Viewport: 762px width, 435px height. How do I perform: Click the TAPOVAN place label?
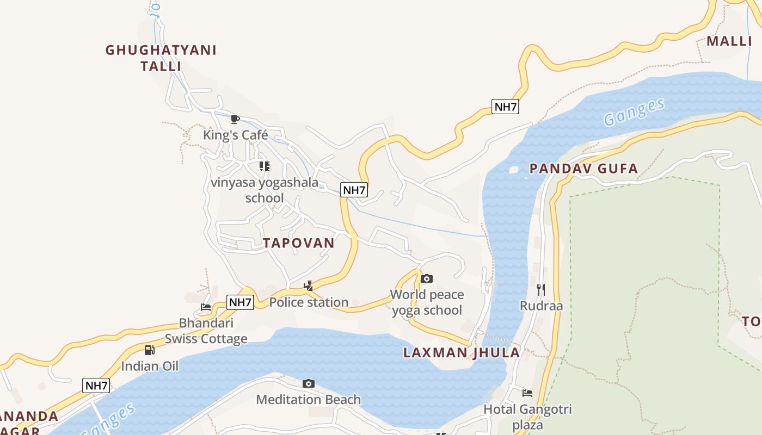click(x=299, y=243)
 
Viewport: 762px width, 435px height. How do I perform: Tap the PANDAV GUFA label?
click(x=583, y=169)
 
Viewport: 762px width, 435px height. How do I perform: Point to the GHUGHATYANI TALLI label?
click(x=161, y=58)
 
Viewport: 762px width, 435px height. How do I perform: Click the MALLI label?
click(x=729, y=41)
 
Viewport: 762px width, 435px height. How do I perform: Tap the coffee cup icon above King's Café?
click(x=235, y=119)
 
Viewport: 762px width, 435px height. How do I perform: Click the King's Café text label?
click(x=236, y=135)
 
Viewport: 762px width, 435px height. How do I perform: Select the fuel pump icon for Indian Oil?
click(x=149, y=350)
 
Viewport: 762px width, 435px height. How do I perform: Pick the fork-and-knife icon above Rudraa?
click(x=540, y=289)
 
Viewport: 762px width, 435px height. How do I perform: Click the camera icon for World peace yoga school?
click(x=427, y=278)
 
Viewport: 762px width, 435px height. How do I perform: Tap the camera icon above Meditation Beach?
click(x=308, y=383)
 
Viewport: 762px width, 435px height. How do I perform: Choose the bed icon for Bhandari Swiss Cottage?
click(x=206, y=307)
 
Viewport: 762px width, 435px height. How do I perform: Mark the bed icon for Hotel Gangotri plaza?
click(x=527, y=393)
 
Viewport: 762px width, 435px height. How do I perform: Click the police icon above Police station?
click(x=309, y=285)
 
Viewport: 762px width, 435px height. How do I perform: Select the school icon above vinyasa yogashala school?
click(x=264, y=166)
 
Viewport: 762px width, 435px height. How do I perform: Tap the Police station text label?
click(x=309, y=302)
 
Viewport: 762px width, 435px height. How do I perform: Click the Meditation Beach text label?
click(x=308, y=400)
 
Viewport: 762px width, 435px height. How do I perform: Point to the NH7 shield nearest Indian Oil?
click(x=96, y=386)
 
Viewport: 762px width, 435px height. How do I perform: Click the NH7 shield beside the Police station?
click(x=240, y=302)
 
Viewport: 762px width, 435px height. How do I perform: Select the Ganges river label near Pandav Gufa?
click(x=634, y=112)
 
